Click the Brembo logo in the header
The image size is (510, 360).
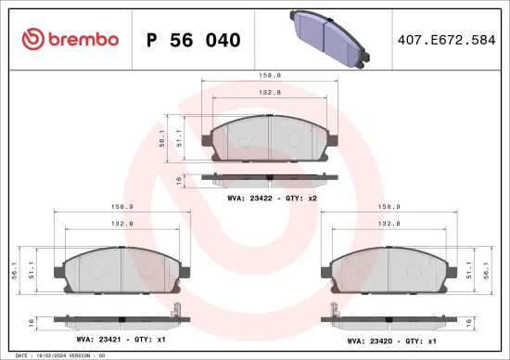[70, 39]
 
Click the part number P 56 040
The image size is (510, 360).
[194, 40]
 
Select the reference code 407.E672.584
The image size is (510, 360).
[446, 40]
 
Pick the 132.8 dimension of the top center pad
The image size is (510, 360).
[269, 93]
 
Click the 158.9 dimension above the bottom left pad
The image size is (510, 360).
[122, 208]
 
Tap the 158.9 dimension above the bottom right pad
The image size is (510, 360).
[388, 208]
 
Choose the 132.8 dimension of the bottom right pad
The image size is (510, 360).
[388, 224]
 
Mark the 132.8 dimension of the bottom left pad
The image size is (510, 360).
[122, 224]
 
